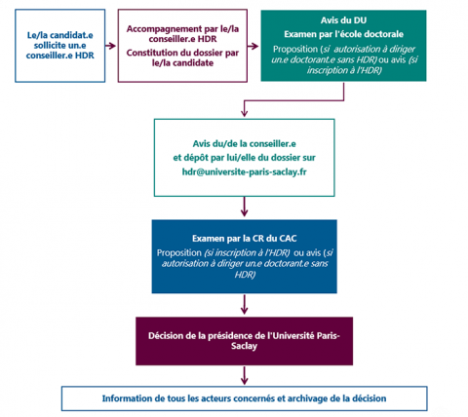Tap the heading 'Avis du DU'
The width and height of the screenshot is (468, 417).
point(343,20)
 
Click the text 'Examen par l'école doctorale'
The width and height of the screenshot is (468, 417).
point(343,34)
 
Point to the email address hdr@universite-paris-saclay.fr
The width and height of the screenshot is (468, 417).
point(245,171)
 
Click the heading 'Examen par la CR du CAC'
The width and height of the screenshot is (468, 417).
point(245,239)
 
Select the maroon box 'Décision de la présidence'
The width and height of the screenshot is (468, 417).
point(245,341)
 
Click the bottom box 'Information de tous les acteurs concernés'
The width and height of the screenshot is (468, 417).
point(245,398)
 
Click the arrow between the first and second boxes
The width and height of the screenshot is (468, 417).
point(111,46)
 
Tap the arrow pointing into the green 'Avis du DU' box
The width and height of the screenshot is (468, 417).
point(253,46)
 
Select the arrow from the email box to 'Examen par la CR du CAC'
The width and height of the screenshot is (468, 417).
point(245,207)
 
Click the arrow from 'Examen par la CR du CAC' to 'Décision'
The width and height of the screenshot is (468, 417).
point(245,304)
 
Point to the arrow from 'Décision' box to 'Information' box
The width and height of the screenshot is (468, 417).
point(245,375)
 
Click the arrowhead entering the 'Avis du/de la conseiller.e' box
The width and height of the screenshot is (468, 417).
point(245,113)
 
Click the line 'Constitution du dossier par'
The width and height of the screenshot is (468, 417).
point(182,53)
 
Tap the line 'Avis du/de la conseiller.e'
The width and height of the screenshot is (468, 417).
point(245,143)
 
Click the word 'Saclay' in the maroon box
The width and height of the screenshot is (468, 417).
point(245,346)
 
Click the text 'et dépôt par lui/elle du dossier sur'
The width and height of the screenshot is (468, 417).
point(245,158)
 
